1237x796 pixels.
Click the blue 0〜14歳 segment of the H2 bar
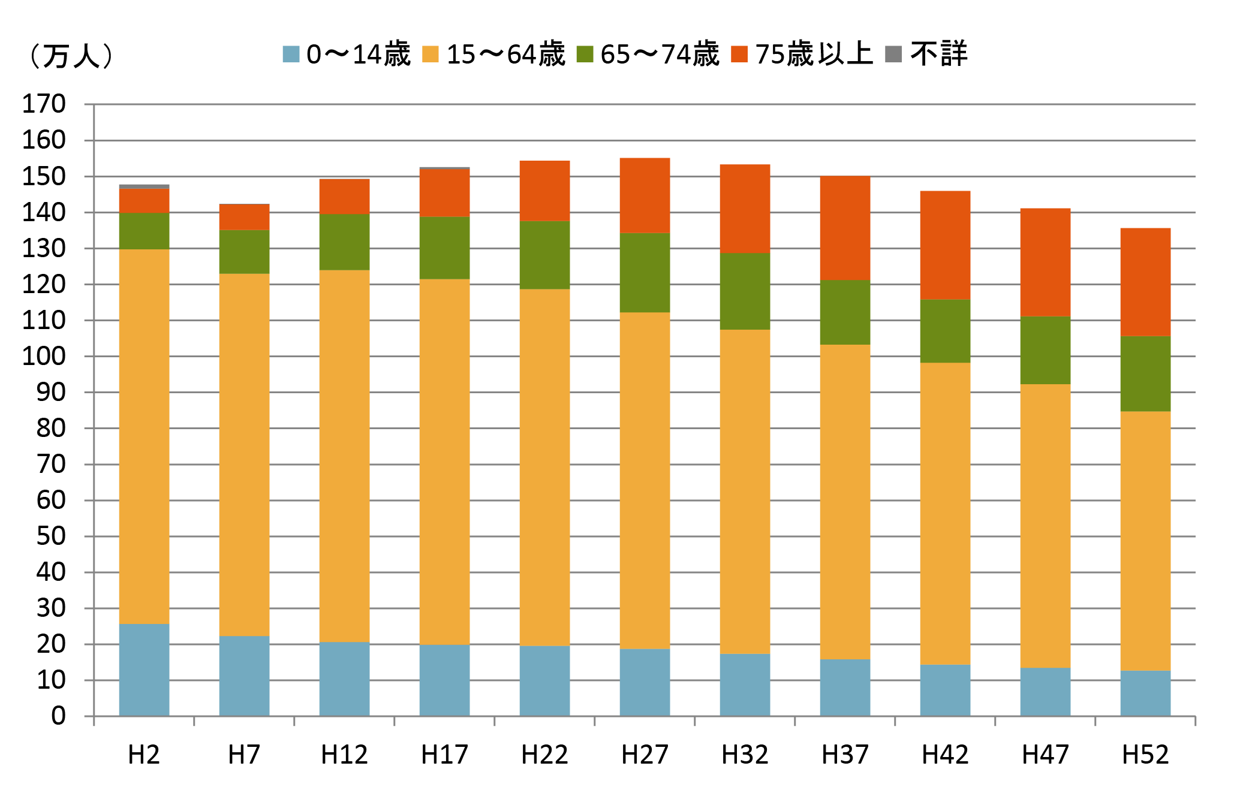click(144, 670)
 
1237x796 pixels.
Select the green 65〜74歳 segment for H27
click(645, 273)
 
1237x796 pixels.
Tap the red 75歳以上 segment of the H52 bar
click(1145, 282)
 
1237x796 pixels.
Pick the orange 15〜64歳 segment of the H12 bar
click(344, 456)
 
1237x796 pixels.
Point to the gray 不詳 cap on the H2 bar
click(144, 186)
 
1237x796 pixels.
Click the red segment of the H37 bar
click(845, 228)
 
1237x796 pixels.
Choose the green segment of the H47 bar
click(1045, 350)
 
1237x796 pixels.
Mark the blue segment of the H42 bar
click(945, 690)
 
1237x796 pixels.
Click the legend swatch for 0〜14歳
click(291, 55)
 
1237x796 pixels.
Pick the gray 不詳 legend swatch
click(893, 55)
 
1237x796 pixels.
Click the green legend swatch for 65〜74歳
click(585, 55)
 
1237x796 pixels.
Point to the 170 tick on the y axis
click(44, 104)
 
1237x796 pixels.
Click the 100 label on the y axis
click(44, 357)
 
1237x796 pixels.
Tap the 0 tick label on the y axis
click(58, 716)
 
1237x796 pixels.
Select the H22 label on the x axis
click(544, 755)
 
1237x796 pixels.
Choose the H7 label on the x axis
click(244, 755)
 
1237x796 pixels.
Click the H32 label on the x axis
click(745, 755)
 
